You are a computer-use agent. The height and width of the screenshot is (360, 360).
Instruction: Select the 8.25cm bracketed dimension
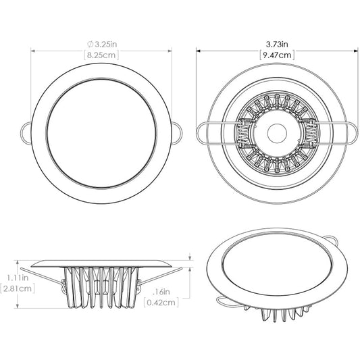(102, 55)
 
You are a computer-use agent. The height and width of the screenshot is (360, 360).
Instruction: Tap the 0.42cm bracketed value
(163, 303)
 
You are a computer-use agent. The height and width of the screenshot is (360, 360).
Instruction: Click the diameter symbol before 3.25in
(90, 44)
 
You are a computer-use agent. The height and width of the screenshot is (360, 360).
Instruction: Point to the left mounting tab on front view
(23, 131)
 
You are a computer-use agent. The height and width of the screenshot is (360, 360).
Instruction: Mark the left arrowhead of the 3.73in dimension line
(199, 49)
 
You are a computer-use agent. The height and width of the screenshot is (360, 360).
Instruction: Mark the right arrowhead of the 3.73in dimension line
(356, 49)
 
